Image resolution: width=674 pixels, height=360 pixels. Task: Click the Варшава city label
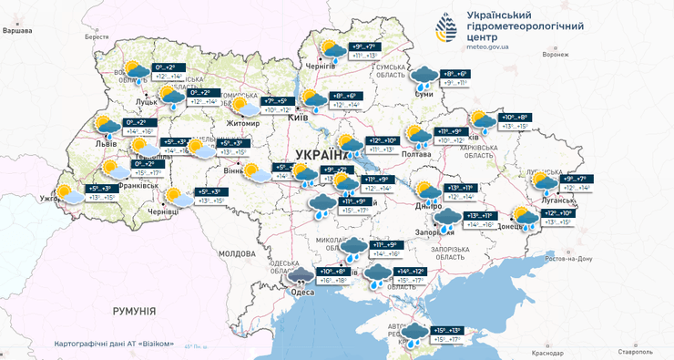coord(17,30)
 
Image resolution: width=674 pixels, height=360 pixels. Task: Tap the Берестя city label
coord(97,37)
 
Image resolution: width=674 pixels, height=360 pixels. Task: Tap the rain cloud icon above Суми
coord(424,75)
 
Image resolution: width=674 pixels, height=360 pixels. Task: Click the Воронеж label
coord(555,54)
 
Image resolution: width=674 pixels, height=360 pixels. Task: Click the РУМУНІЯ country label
coord(135,312)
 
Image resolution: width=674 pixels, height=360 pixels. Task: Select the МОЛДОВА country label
coord(238,253)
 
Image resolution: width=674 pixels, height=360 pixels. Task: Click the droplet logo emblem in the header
coord(444,28)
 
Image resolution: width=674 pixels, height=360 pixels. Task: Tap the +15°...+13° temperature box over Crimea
coord(449,330)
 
